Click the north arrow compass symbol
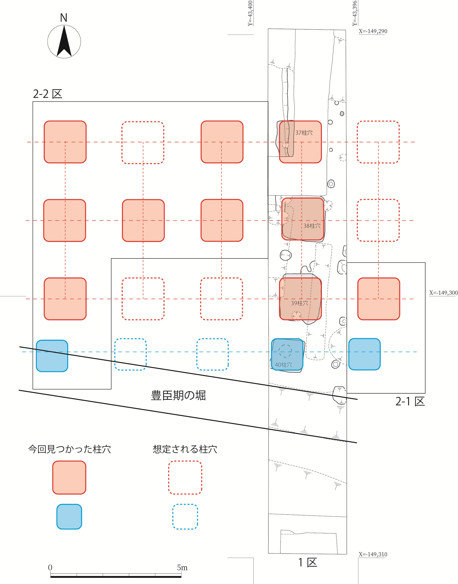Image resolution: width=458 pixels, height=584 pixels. click(64, 41)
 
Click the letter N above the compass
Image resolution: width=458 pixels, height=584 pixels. click(64, 18)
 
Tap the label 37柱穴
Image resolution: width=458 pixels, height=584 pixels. click(304, 133)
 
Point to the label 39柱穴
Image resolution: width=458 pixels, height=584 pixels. click(299, 303)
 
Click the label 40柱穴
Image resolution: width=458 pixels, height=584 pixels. click(283, 365)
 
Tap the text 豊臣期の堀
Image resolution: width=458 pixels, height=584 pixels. click(178, 396)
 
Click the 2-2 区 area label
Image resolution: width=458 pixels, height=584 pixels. click(47, 94)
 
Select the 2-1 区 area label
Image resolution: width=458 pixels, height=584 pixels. click(410, 401)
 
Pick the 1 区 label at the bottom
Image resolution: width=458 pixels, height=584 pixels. click(308, 563)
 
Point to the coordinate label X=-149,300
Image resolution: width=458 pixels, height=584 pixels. click(443, 293)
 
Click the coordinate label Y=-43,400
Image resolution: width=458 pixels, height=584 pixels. click(250, 14)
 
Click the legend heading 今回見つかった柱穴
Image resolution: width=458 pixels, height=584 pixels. click(70, 449)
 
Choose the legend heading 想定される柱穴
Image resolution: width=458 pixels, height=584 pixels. click(185, 449)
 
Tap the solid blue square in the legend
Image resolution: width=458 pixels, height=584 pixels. click(69, 516)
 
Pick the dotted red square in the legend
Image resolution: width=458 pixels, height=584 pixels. click(185, 477)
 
